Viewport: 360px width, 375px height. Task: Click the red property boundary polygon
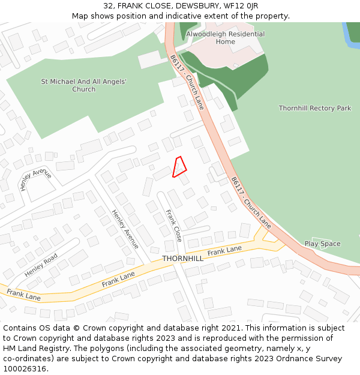(179, 167)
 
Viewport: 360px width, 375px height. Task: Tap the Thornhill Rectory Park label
(314, 109)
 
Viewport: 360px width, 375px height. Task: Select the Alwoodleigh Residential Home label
(225, 38)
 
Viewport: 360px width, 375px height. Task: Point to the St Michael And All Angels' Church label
(83, 85)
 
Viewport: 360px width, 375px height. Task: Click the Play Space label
(322, 244)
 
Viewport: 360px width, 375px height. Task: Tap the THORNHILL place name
(182, 259)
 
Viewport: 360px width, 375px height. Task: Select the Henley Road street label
(41, 265)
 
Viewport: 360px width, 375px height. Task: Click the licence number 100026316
(25, 369)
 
